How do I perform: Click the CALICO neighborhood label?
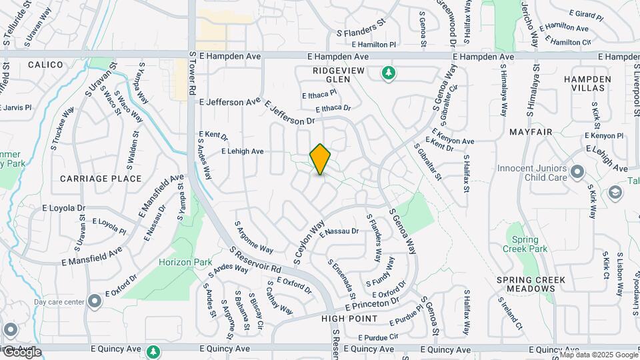coord(45,65)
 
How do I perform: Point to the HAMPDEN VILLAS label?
coord(587,83)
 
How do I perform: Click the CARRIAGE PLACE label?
coord(101,179)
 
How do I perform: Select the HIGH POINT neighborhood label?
coord(349,319)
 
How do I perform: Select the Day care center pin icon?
coord(95,302)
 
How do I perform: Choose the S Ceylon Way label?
coord(309,240)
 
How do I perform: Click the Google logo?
coord(21,352)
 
